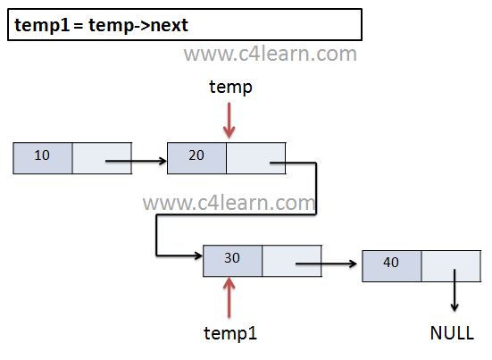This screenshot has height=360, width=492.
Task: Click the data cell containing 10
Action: click(43, 158)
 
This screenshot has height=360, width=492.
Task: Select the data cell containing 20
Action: click(196, 158)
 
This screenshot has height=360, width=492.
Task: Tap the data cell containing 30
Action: click(232, 261)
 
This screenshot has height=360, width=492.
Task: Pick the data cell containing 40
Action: click(392, 266)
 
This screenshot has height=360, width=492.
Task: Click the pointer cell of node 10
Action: click(102, 158)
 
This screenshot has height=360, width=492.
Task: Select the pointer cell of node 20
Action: click(256, 158)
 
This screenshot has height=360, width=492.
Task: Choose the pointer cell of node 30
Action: click(292, 261)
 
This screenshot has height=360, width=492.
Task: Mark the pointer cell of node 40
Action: click(451, 266)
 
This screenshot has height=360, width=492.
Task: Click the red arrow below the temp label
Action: click(229, 121)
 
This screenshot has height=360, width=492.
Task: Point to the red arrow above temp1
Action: click(229, 297)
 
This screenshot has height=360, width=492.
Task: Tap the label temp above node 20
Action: click(230, 88)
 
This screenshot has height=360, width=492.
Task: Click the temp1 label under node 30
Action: click(230, 333)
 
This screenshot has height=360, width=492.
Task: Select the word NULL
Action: click(452, 333)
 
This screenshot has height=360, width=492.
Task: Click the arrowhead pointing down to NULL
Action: click(454, 307)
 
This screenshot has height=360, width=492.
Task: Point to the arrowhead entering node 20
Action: click(163, 161)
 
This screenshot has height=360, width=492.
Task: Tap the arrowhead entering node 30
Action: click(198, 255)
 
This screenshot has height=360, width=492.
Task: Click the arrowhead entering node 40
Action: click(353, 264)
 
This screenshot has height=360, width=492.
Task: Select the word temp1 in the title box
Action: click(42, 25)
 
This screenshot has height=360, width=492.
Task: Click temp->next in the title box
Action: click(138, 25)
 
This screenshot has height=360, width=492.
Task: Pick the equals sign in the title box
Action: click(79, 26)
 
